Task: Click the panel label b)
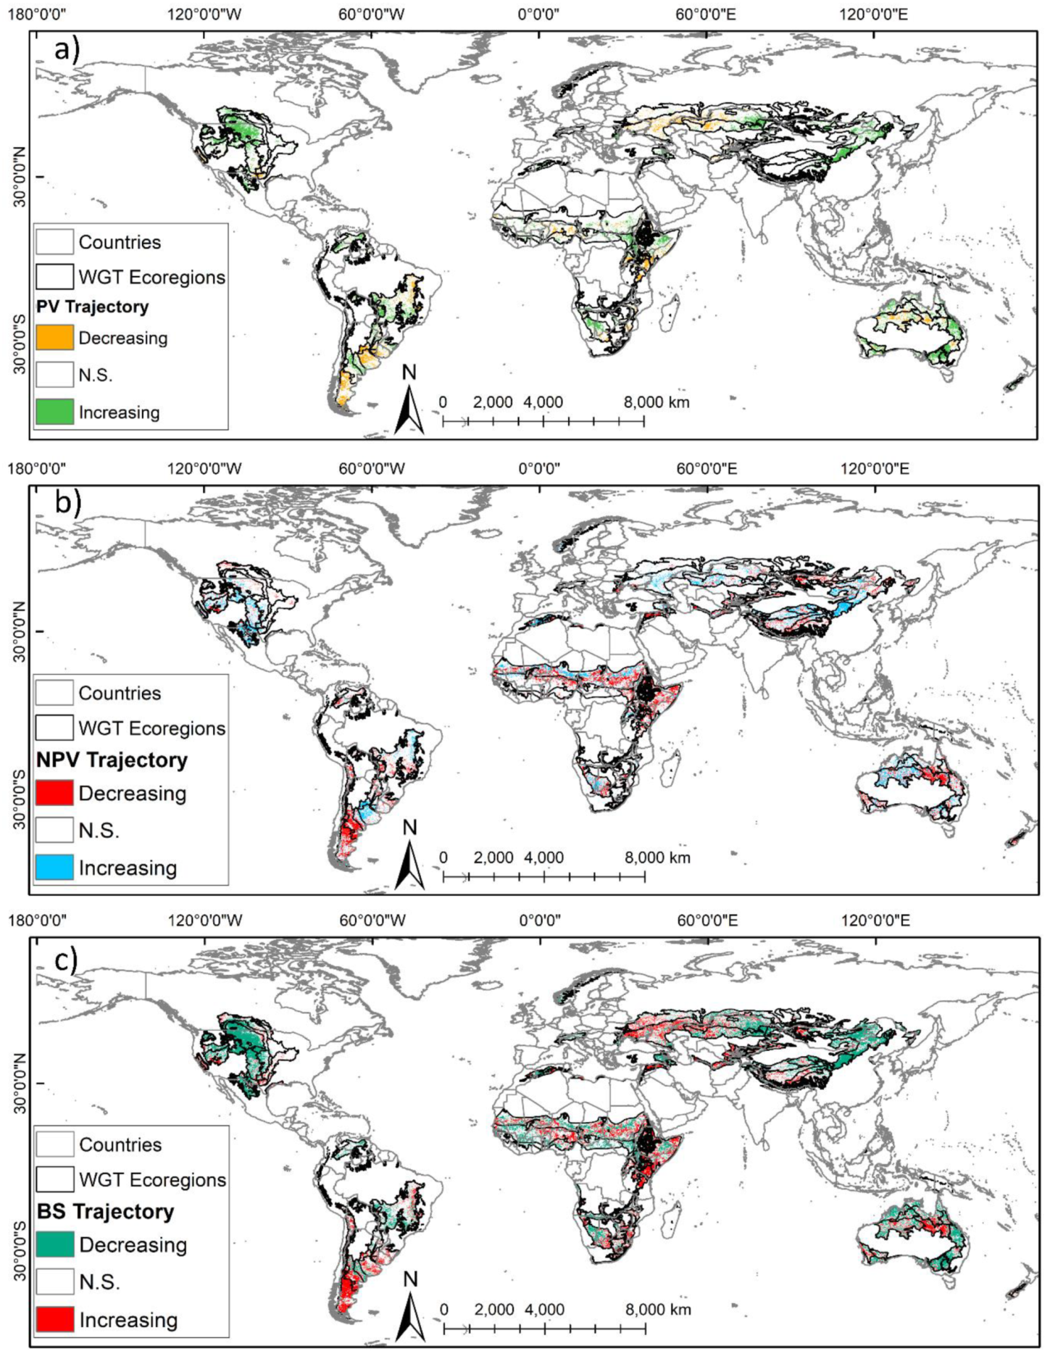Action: [67, 502]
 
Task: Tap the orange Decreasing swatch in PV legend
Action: [54, 338]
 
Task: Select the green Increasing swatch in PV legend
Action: [54, 412]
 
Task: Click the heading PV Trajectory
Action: [92, 307]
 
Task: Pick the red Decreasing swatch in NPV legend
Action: [54, 793]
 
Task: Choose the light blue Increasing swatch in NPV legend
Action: [54, 868]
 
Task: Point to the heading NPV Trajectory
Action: [112, 760]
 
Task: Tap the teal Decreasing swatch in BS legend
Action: [55, 1244]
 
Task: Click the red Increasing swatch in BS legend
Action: [55, 1319]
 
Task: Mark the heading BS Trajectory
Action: [105, 1212]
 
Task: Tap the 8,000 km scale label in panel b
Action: [657, 858]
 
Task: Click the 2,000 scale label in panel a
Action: [493, 402]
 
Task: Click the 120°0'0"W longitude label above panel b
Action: [204, 468]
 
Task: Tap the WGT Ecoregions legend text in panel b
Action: [152, 728]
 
